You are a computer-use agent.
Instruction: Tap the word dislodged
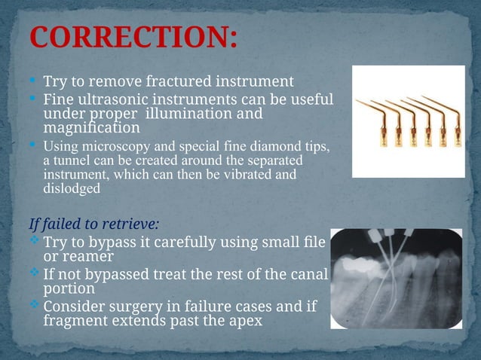[72, 189]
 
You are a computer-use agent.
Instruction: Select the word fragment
[72, 321]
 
